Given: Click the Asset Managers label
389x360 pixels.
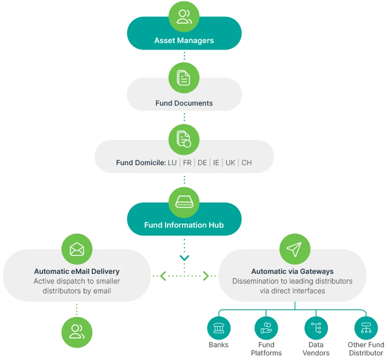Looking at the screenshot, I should [184, 41].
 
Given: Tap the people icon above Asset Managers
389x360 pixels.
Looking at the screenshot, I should [184, 16].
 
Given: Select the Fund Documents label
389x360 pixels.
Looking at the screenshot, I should [184, 103].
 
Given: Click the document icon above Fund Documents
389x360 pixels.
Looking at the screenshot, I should [184, 78].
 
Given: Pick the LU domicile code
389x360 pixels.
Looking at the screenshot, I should [172, 163].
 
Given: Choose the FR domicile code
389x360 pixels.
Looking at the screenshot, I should [187, 163].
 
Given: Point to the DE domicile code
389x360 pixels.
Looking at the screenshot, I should [202, 163].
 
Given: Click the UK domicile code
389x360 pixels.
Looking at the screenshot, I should [230, 163].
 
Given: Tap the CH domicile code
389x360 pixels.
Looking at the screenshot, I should [247, 163].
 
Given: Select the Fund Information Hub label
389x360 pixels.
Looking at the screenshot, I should [184, 225].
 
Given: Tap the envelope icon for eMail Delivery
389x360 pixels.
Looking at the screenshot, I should [77, 249].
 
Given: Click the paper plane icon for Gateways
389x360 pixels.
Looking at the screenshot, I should [294, 249].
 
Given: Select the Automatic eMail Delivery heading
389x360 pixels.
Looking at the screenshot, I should [77, 271].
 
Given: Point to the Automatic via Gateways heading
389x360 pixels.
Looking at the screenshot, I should [292, 271].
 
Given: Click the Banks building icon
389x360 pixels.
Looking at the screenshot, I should [219, 328].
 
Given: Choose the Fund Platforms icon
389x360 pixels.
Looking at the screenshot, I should [266, 328].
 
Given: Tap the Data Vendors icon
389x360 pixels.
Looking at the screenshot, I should [316, 328].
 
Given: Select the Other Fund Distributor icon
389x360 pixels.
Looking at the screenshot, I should [366, 328].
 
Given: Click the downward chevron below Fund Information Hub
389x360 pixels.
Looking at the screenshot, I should [185, 258].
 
